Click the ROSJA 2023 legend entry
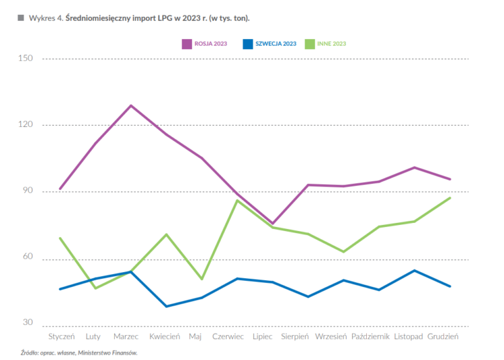(x=204, y=44)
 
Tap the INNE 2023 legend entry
(x=325, y=44)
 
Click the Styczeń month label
(x=61, y=336)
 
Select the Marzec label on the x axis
(x=126, y=336)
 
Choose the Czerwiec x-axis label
(x=228, y=336)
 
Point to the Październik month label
(x=370, y=336)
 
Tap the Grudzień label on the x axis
(x=444, y=336)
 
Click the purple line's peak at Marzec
(x=131, y=105)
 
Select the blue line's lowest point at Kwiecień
(x=166, y=306)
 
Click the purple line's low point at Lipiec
(x=273, y=223)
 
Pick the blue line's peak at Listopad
(x=415, y=271)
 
